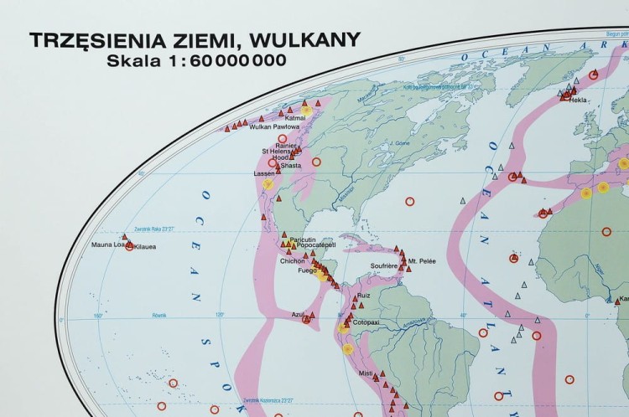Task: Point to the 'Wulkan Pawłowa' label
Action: coord(251,126)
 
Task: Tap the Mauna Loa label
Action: coord(107,245)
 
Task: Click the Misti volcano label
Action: coord(365,373)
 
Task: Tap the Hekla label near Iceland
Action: coord(578,100)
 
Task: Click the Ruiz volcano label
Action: coord(363,296)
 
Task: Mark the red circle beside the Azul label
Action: coord(306,319)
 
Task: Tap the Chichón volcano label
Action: coord(293,260)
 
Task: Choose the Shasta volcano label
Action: coord(291,166)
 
